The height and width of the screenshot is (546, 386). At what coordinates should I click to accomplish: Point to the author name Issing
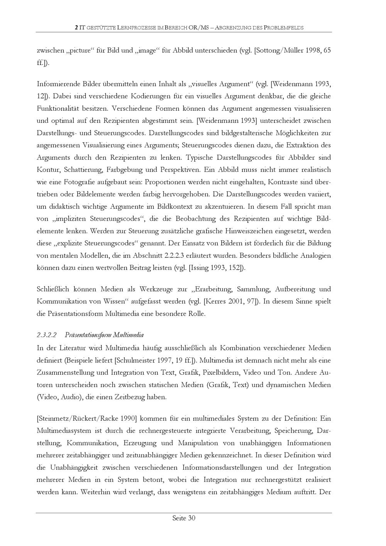200,268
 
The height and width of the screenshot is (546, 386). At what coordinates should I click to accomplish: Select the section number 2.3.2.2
47,335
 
